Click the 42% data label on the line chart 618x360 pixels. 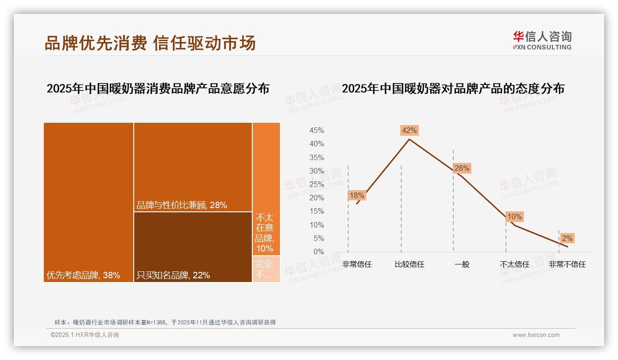coord(409,130)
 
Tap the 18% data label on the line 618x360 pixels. coord(357,195)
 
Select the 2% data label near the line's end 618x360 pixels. coord(567,238)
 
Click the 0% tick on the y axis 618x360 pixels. coord(319,252)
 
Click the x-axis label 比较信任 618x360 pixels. coord(409,264)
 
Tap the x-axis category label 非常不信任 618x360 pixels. coord(567,264)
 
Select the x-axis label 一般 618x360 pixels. coord(462,264)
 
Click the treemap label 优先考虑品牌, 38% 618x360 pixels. coord(83,276)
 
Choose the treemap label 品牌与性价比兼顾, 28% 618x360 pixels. coord(182,205)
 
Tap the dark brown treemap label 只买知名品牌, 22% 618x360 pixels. coord(173,276)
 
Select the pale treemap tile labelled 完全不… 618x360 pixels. coord(266,269)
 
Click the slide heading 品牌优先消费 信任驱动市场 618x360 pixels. coord(150,43)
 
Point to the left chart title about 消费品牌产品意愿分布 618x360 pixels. coord(158,89)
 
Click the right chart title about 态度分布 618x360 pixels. coord(453,89)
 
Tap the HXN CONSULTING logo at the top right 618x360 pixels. coord(542,41)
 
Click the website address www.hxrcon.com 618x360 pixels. coord(536,335)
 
